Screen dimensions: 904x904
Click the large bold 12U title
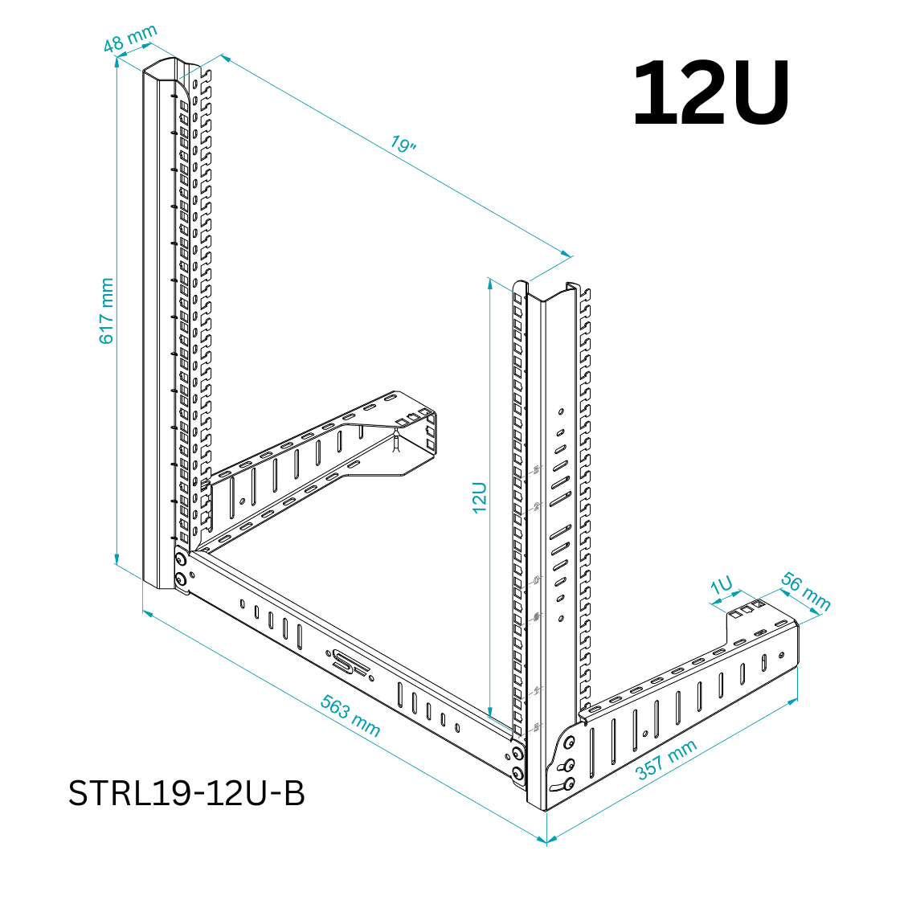click(710, 94)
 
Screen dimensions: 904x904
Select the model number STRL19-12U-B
click(186, 793)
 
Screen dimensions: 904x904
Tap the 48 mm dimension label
click(129, 39)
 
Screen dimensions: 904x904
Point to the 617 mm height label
click(106, 312)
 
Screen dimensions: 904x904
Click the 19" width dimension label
click(403, 145)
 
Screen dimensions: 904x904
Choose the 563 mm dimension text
click(350, 714)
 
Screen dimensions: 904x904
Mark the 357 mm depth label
click(666, 760)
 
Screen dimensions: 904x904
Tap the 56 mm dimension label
click(805, 591)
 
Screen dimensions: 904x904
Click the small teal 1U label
click(722, 586)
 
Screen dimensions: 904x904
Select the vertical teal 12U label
click(480, 497)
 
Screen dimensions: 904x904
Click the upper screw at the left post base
click(181, 559)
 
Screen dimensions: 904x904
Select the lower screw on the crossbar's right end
click(517, 774)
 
